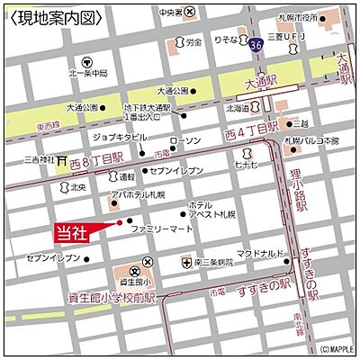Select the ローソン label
point(184,141)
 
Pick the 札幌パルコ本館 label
point(311,140)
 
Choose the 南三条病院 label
point(213,262)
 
